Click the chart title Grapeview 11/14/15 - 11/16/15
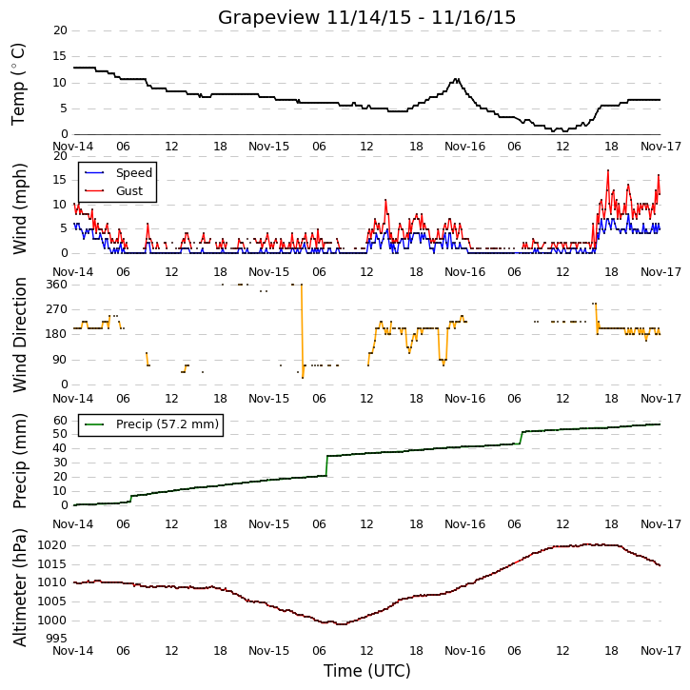click(366, 17)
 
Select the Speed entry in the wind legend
click(134, 173)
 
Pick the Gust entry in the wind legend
click(129, 191)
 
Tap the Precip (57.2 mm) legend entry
click(168, 424)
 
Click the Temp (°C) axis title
click(18, 84)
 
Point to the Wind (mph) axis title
click(19, 208)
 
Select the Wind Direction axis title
click(19, 334)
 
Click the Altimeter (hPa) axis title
click(19, 587)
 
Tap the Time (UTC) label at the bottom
click(367, 671)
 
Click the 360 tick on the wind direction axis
click(57, 285)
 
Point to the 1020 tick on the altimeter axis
click(52, 545)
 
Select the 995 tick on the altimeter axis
click(57, 638)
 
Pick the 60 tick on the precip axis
click(61, 421)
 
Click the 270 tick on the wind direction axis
click(57, 309)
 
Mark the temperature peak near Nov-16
click(456, 79)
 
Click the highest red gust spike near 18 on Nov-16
click(608, 170)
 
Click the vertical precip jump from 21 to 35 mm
click(327, 465)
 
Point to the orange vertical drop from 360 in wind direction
click(302, 331)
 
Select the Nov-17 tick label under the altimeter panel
click(660, 650)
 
